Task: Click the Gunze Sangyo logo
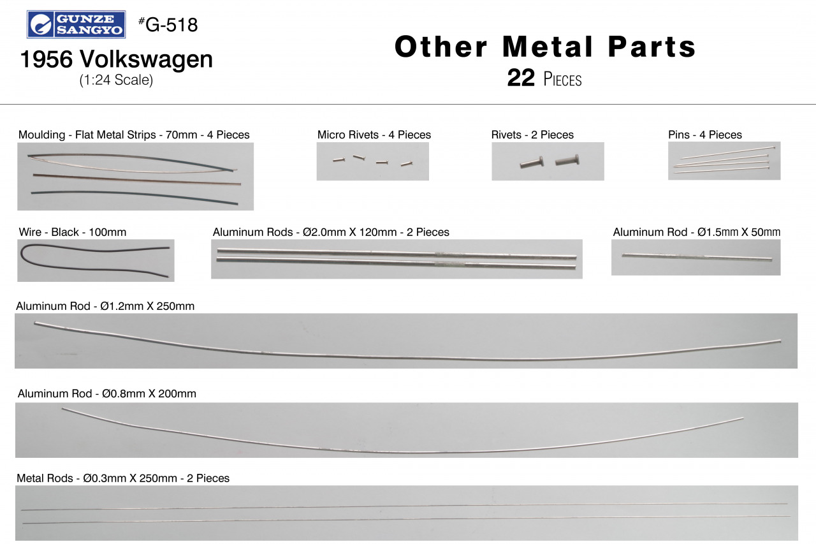[x=76, y=24]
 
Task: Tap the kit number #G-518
[x=168, y=25]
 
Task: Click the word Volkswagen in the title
[x=147, y=59]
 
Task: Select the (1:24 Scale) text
[x=116, y=80]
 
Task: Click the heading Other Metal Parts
[x=545, y=47]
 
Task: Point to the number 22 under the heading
[x=521, y=78]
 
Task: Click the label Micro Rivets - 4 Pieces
[x=374, y=135]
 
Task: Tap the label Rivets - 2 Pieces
[x=532, y=135]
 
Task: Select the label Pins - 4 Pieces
[x=705, y=135]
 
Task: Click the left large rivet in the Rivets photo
[x=532, y=163]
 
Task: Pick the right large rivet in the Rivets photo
[x=567, y=160]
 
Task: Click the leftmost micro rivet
[x=339, y=159]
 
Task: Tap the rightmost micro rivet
[x=407, y=164]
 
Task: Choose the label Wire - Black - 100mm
[x=73, y=232]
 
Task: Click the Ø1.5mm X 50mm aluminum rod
[x=697, y=257]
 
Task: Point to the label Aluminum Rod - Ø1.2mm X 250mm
[x=105, y=306]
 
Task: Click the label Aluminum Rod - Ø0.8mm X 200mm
[x=106, y=393]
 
